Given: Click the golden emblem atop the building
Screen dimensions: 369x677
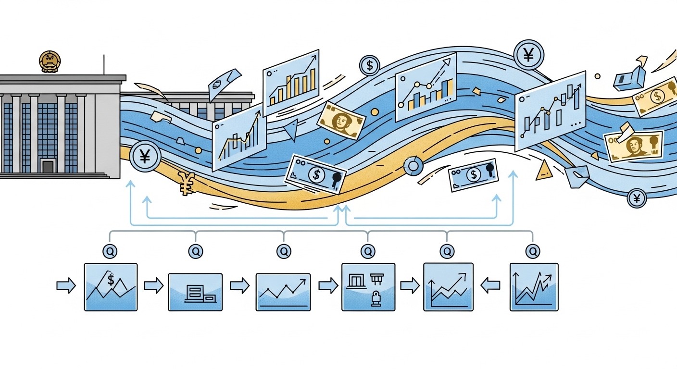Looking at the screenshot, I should click(50, 62).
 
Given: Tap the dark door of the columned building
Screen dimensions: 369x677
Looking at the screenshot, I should click(48, 167).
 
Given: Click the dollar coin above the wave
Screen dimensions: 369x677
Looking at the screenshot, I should click(369, 65).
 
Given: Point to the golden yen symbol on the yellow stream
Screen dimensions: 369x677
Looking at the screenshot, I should click(186, 184).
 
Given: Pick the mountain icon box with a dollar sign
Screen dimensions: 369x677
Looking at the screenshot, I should click(111, 287).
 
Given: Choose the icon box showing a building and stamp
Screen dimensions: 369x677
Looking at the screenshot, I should click(368, 287).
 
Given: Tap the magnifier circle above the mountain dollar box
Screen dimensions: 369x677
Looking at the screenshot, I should click(110, 250).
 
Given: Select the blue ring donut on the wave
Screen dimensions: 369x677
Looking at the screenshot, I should click(412, 166).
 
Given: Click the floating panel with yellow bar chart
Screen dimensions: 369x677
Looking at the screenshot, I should click(291, 83).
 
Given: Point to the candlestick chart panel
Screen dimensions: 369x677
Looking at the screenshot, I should click(551, 111).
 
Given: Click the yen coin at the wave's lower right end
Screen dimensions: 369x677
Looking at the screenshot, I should click(637, 198).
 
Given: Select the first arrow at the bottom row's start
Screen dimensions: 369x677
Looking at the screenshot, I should click(66, 286).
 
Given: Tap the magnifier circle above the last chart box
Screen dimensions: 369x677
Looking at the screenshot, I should click(532, 250).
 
